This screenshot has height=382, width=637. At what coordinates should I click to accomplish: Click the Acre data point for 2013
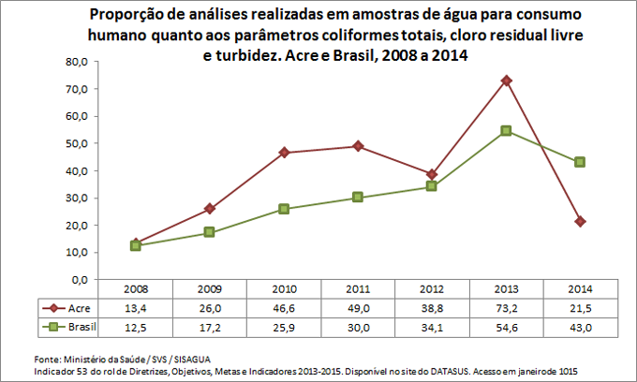[x=506, y=81]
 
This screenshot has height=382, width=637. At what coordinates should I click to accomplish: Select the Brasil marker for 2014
[x=580, y=162]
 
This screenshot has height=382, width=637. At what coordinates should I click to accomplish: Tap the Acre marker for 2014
[x=580, y=221]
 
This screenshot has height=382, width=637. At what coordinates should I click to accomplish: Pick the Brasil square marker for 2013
[x=506, y=131]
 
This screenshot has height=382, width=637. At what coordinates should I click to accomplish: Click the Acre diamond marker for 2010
[x=284, y=153]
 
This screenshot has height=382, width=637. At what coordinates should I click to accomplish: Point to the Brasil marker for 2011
[x=358, y=198]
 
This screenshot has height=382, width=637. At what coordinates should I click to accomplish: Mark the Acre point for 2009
[x=210, y=209]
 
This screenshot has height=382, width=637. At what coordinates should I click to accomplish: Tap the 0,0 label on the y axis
[x=78, y=280]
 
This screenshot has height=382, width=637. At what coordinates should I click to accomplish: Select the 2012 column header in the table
[x=432, y=290]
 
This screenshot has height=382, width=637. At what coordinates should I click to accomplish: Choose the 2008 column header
[x=136, y=290]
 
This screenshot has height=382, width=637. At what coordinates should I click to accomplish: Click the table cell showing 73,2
[x=506, y=307]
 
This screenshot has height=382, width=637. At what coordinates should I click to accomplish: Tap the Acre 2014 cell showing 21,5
[x=580, y=307]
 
